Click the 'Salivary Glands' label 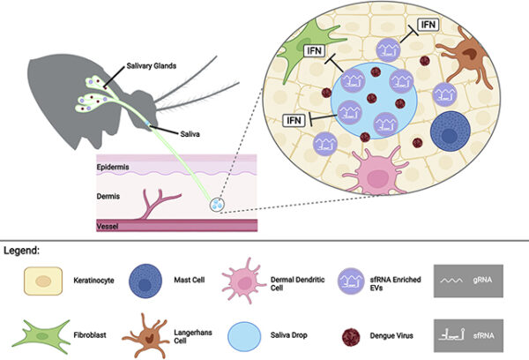coord(151,66)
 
